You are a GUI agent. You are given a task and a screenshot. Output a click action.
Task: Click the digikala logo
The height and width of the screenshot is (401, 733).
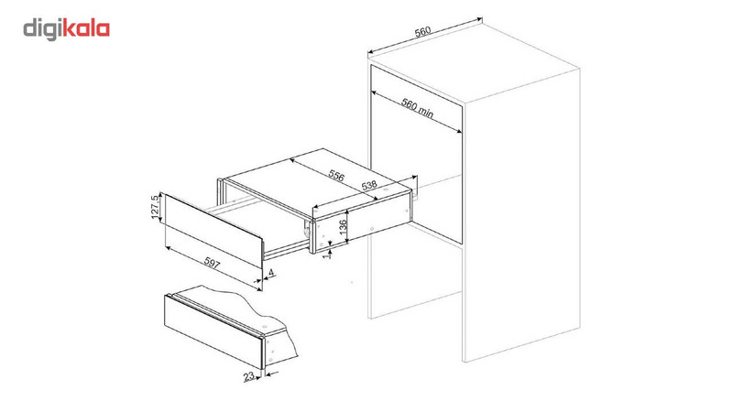tap(67, 29)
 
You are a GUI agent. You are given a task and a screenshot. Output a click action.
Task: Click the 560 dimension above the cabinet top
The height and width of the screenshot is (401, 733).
tap(422, 33)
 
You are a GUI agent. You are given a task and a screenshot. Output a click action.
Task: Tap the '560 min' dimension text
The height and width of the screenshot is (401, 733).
tap(418, 108)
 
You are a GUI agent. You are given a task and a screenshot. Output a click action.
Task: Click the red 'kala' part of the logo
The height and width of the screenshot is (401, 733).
tap(86, 29)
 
